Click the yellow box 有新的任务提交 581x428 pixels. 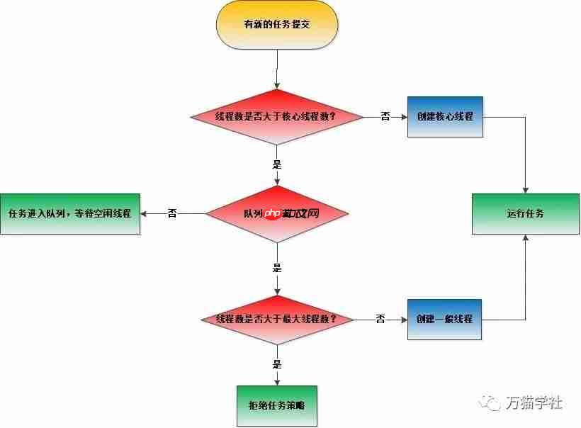276,24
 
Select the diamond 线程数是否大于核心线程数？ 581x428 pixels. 276,116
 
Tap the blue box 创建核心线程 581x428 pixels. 445,116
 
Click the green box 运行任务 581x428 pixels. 525,213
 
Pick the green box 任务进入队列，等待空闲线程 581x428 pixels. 69,213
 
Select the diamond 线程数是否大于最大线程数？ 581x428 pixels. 276,319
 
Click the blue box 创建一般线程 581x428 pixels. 445,319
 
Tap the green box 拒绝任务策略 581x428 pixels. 276,406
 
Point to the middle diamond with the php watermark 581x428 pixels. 276,213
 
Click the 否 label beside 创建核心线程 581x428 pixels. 385,116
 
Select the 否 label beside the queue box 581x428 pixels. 172,213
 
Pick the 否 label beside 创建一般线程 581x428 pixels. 380,319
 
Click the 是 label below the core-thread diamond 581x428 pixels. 277,164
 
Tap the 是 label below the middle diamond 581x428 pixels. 277,268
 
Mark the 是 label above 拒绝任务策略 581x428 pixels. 277,364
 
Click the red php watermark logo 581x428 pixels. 273,213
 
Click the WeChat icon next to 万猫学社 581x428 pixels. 490,403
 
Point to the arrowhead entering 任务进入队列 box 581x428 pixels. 144,213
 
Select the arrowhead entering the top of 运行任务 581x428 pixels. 525,190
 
